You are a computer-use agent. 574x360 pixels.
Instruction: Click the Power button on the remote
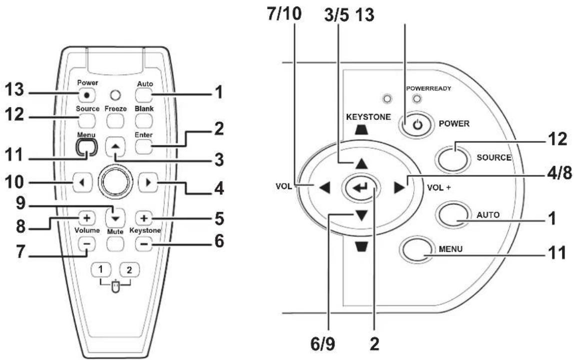tap(87, 95)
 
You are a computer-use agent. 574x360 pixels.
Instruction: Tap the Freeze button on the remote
tap(115, 120)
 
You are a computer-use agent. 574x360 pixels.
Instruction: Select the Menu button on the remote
tap(87, 147)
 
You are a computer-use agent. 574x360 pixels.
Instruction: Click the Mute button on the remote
tap(115, 243)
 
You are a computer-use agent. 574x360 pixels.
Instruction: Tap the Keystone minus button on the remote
tap(144, 243)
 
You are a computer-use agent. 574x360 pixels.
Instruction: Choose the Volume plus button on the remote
tap(87, 218)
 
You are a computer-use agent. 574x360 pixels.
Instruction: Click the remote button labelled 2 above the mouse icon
tap(129, 270)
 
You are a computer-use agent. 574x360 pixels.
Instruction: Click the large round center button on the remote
tap(115, 181)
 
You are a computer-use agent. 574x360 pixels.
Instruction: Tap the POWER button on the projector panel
tap(417, 125)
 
